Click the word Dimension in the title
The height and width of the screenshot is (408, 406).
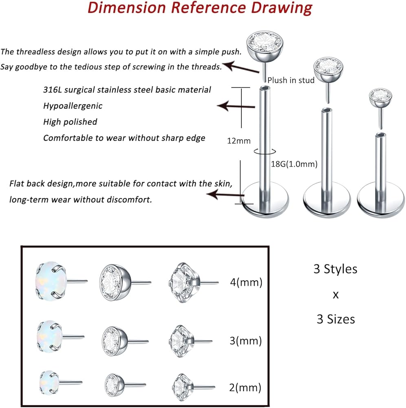127,7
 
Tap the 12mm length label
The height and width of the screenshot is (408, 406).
239,141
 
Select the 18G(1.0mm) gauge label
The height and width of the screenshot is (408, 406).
294,164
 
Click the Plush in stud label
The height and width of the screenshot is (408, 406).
291,80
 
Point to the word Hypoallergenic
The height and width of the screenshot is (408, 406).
73,106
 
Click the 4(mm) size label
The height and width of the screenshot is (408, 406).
246,282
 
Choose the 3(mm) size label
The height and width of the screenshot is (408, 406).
246,341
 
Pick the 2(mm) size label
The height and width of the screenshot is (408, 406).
245,388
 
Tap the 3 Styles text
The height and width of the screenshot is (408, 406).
335,269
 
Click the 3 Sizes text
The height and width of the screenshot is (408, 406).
335,319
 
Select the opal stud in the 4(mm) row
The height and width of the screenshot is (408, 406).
61,281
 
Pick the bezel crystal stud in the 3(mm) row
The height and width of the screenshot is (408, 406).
125,341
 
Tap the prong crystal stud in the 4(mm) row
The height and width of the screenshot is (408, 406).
194,282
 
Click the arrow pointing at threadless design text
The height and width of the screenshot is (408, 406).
241,67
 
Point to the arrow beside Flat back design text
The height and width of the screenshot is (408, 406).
225,194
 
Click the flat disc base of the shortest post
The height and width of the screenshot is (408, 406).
381,200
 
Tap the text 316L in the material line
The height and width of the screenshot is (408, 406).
53,90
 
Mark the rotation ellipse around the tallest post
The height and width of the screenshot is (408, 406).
265,152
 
